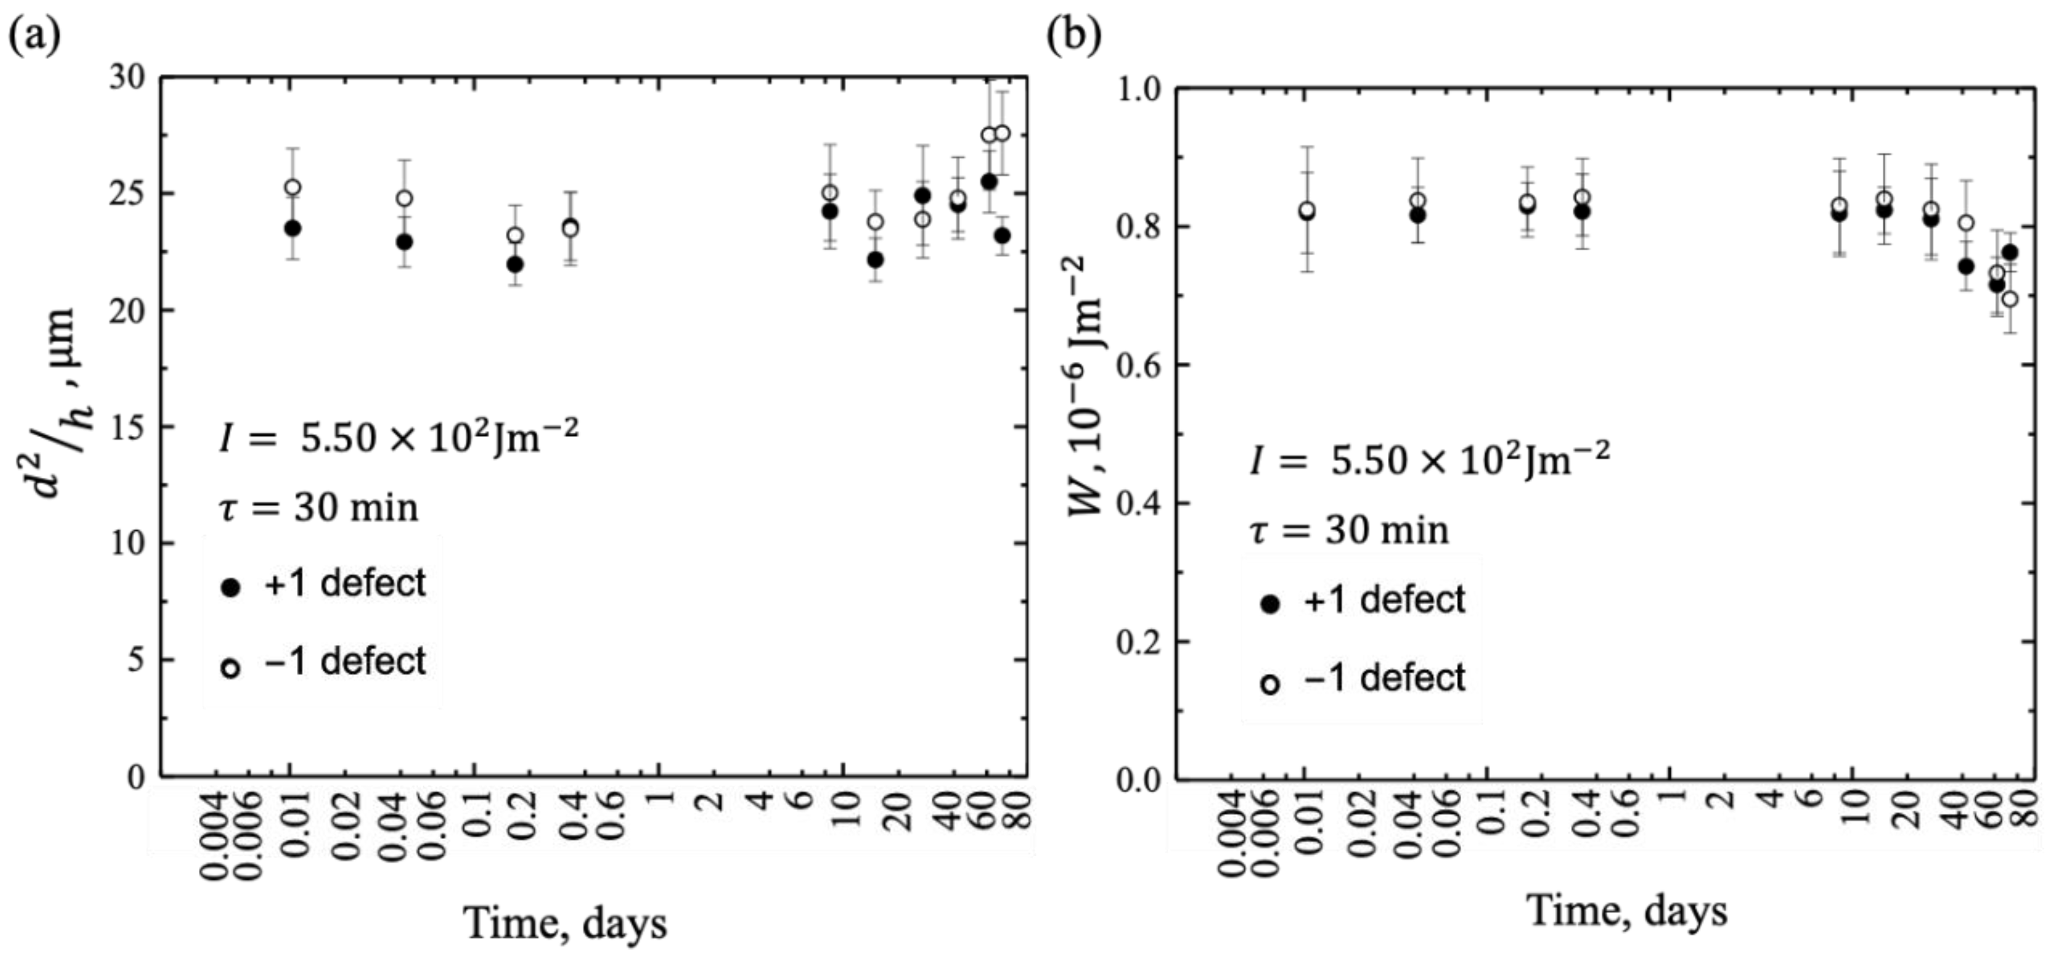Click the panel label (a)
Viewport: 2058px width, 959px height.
(x=34, y=37)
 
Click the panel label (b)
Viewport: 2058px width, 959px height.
(x=1074, y=35)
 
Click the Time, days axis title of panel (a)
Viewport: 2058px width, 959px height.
(x=565, y=923)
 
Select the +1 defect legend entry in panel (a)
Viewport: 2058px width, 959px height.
(x=324, y=583)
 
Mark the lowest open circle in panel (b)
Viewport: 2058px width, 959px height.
(x=2010, y=299)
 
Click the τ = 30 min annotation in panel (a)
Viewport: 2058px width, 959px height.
(x=318, y=508)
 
